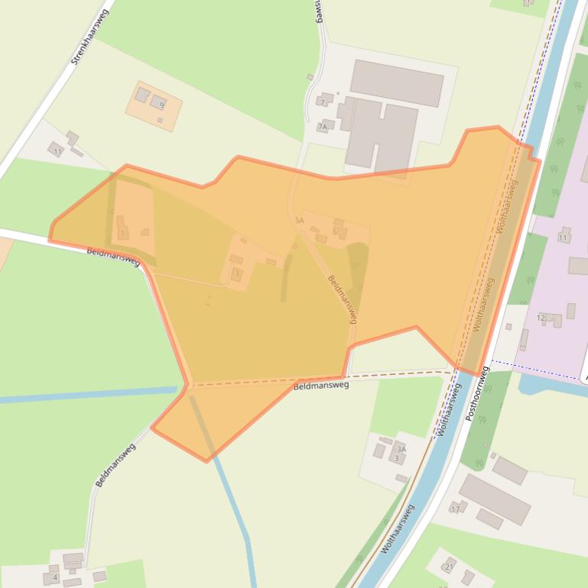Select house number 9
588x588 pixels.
click(161, 104)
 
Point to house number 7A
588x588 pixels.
click(323, 128)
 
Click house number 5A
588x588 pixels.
click(299, 220)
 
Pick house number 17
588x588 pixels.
click(456, 509)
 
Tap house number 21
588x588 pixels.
click(449, 567)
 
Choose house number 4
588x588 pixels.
click(55, 577)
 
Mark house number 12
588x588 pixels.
click(541, 318)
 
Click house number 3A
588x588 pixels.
click(401, 450)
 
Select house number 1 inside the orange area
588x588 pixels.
click(122, 233)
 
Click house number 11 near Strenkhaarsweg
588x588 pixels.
click(57, 152)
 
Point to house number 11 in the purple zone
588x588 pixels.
click(563, 238)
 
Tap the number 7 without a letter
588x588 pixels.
click(323, 102)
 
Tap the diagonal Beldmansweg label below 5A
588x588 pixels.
click(342, 298)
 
